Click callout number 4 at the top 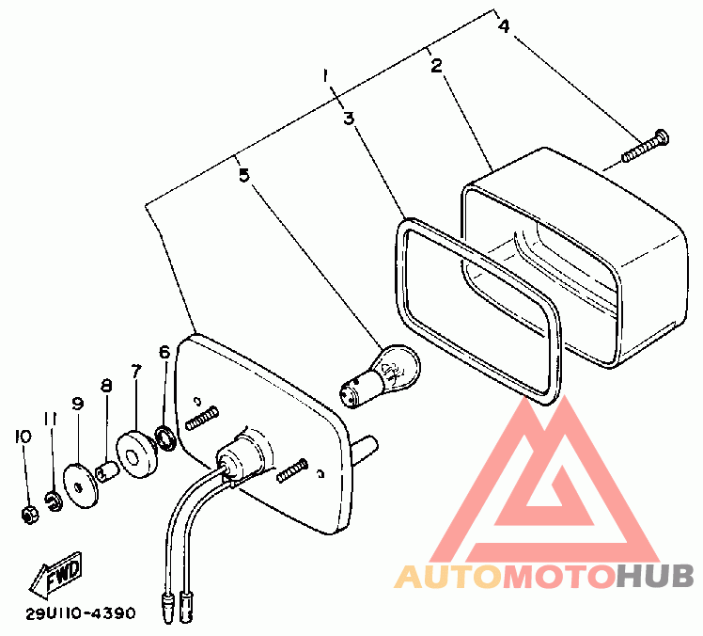[x=504, y=26]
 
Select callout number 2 [x=436, y=66]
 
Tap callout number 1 [x=326, y=74]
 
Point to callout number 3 [x=348, y=119]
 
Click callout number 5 [x=244, y=175]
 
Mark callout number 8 [x=106, y=386]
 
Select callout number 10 [x=23, y=437]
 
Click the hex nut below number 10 [x=28, y=515]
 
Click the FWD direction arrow [x=55, y=575]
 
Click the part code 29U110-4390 [x=81, y=613]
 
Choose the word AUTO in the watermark [x=447, y=577]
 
